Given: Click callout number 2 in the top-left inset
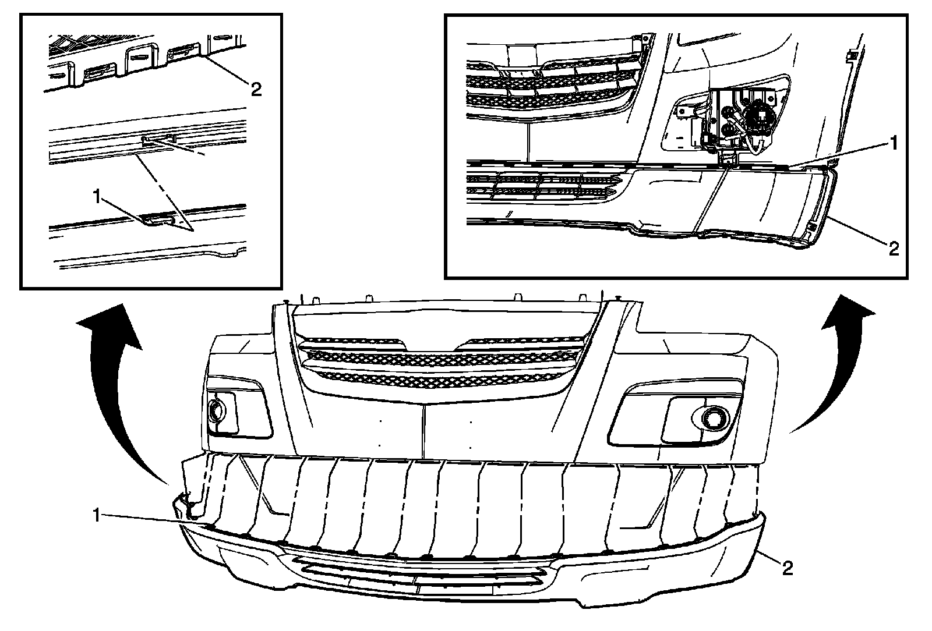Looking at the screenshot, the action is click(x=255, y=89).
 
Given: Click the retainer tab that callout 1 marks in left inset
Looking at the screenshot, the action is click(x=158, y=219).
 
